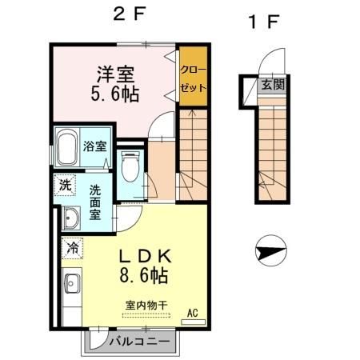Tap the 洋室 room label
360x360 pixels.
[x=114, y=74]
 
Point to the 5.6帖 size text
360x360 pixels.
[x=115, y=94]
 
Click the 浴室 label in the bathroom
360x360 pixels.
[x=95, y=146]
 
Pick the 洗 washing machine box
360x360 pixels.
[x=64, y=186]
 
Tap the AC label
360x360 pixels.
[x=192, y=312]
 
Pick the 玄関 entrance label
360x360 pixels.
[x=271, y=84]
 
